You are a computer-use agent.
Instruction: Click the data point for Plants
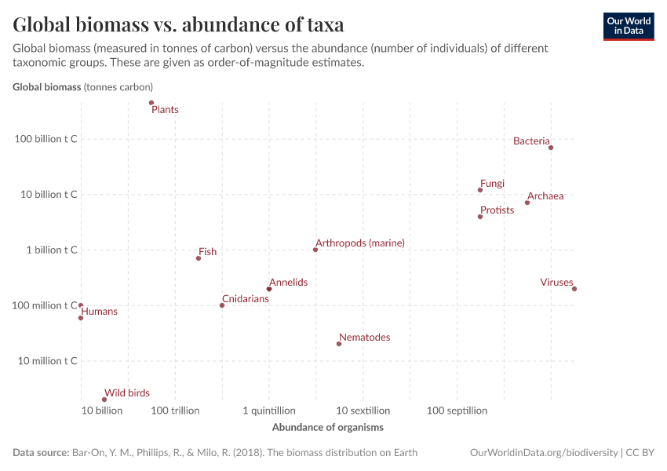coord(151,103)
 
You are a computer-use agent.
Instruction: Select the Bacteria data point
coord(551,148)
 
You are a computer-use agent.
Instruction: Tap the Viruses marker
coord(574,289)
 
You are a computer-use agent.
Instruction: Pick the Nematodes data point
coord(339,344)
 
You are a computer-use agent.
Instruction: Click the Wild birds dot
coord(104,400)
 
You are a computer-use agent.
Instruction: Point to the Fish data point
coord(199,258)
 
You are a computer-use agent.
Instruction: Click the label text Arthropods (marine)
coord(360,243)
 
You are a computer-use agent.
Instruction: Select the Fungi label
coord(492,184)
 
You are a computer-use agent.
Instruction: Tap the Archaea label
coord(545,196)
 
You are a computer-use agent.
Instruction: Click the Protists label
coord(497,210)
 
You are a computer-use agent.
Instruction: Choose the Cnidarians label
coord(246,299)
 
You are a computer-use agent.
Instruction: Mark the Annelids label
coord(288,283)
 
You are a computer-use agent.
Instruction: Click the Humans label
coord(100,312)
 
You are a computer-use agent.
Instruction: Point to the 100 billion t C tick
coord(46,139)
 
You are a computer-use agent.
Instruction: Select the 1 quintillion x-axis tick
coord(269,411)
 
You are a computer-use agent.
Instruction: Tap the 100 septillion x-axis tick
coord(457,411)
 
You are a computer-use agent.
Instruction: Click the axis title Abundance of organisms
coord(327,428)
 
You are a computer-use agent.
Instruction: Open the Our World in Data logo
coord(628,27)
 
